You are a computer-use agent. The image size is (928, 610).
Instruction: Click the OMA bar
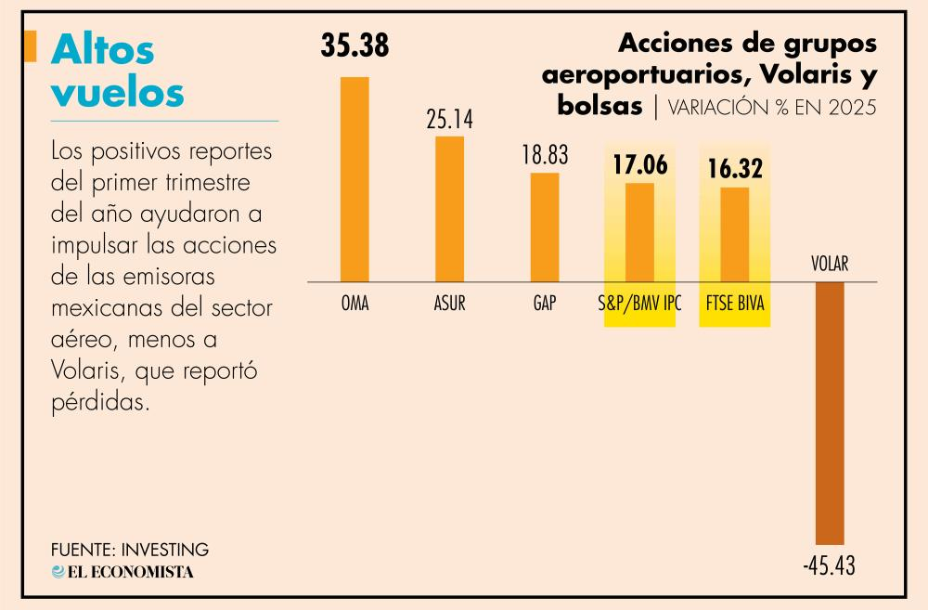pyautogui.click(x=354, y=179)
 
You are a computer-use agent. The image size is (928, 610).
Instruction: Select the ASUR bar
pyautogui.click(x=450, y=209)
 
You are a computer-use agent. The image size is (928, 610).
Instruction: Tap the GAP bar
pyautogui.click(x=545, y=227)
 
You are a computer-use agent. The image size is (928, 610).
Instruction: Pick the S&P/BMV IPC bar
pyautogui.click(x=639, y=232)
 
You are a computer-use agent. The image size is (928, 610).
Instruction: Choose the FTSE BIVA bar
pyautogui.click(x=735, y=234)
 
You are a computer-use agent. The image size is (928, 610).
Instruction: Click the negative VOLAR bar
pyautogui.click(x=830, y=413)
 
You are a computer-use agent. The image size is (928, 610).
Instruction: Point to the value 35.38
pyautogui.click(x=354, y=45)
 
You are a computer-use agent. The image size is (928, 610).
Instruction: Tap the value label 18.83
pyautogui.click(x=545, y=155)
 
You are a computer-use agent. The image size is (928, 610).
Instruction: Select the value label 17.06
pyautogui.click(x=639, y=165)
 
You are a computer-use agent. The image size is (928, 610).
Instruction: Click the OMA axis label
pyautogui.click(x=354, y=304)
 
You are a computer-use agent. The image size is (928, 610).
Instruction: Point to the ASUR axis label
pyautogui.click(x=450, y=304)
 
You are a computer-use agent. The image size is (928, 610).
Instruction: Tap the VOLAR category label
pyautogui.click(x=830, y=264)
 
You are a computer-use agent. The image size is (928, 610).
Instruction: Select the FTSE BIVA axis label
pyautogui.click(x=735, y=304)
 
